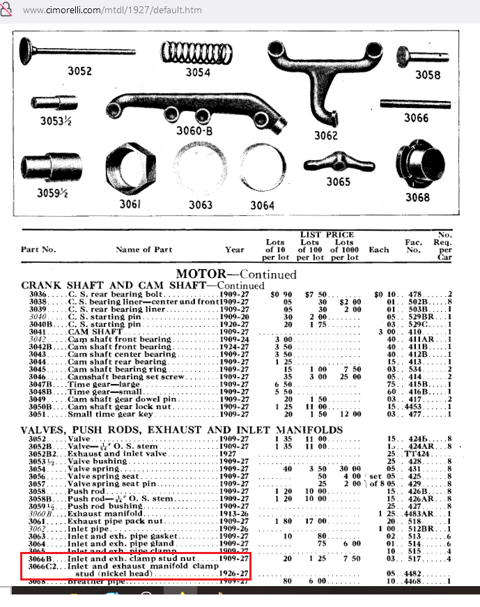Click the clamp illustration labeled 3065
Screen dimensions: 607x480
pos(338,164)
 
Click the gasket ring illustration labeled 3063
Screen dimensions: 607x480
pos(201,170)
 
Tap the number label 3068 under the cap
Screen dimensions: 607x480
pos(418,198)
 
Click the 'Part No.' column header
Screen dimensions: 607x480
pos(38,249)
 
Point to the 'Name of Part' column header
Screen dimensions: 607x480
pos(144,249)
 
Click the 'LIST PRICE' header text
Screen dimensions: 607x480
pos(327,235)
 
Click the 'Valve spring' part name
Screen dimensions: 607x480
pos(97,470)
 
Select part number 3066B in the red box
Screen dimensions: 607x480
pos(38,559)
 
